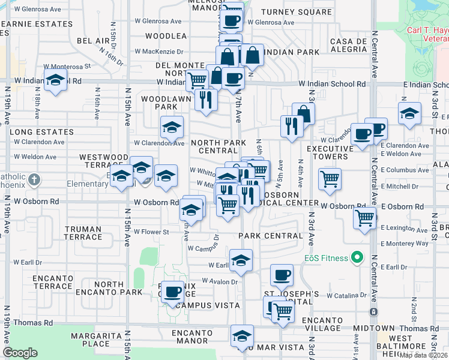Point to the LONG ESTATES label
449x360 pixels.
(x=41, y=132)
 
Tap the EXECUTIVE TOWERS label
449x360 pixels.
(x=327, y=152)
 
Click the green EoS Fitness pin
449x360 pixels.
(x=357, y=258)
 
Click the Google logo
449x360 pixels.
(x=20, y=353)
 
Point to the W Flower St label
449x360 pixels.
(x=151, y=232)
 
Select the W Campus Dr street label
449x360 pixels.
(x=203, y=248)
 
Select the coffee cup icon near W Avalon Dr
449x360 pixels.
(x=173, y=292)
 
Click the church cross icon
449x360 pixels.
(x=34, y=179)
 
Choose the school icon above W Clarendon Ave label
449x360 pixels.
(x=172, y=127)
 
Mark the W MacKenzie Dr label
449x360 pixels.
(x=158, y=52)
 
